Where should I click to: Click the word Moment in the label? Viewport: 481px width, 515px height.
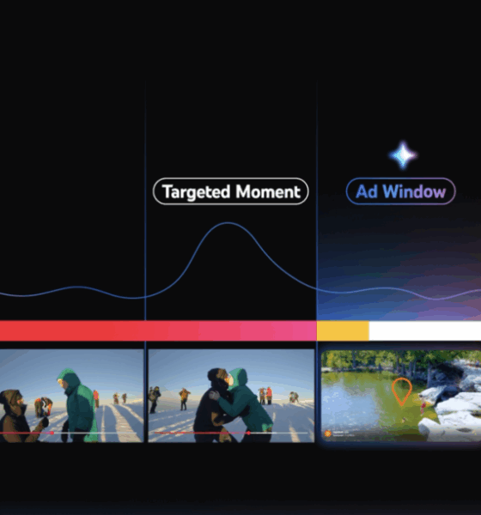coord(268,191)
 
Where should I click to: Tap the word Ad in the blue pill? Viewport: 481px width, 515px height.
coord(367,191)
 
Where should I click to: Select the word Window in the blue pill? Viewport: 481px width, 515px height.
coord(414,191)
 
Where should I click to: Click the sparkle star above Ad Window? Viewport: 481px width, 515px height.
coord(403,155)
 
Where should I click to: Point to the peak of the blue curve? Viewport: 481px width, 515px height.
coord(228,223)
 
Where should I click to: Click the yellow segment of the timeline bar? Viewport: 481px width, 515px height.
coord(343,330)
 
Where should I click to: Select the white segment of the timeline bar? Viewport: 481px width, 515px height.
coord(425,330)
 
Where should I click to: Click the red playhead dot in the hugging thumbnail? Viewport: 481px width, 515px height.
coord(248,433)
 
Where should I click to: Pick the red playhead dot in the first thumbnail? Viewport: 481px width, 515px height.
coord(52,433)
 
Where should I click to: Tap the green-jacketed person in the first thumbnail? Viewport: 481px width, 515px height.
coord(76,406)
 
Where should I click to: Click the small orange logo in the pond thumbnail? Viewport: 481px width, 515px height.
coord(327,433)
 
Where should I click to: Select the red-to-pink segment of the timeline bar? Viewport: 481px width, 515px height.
coord(158,330)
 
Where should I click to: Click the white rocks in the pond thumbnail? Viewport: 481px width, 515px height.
coord(454,407)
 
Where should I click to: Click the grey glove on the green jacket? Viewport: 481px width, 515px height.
coord(216,395)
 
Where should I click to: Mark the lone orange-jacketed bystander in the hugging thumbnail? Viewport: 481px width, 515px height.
coord(184,398)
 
